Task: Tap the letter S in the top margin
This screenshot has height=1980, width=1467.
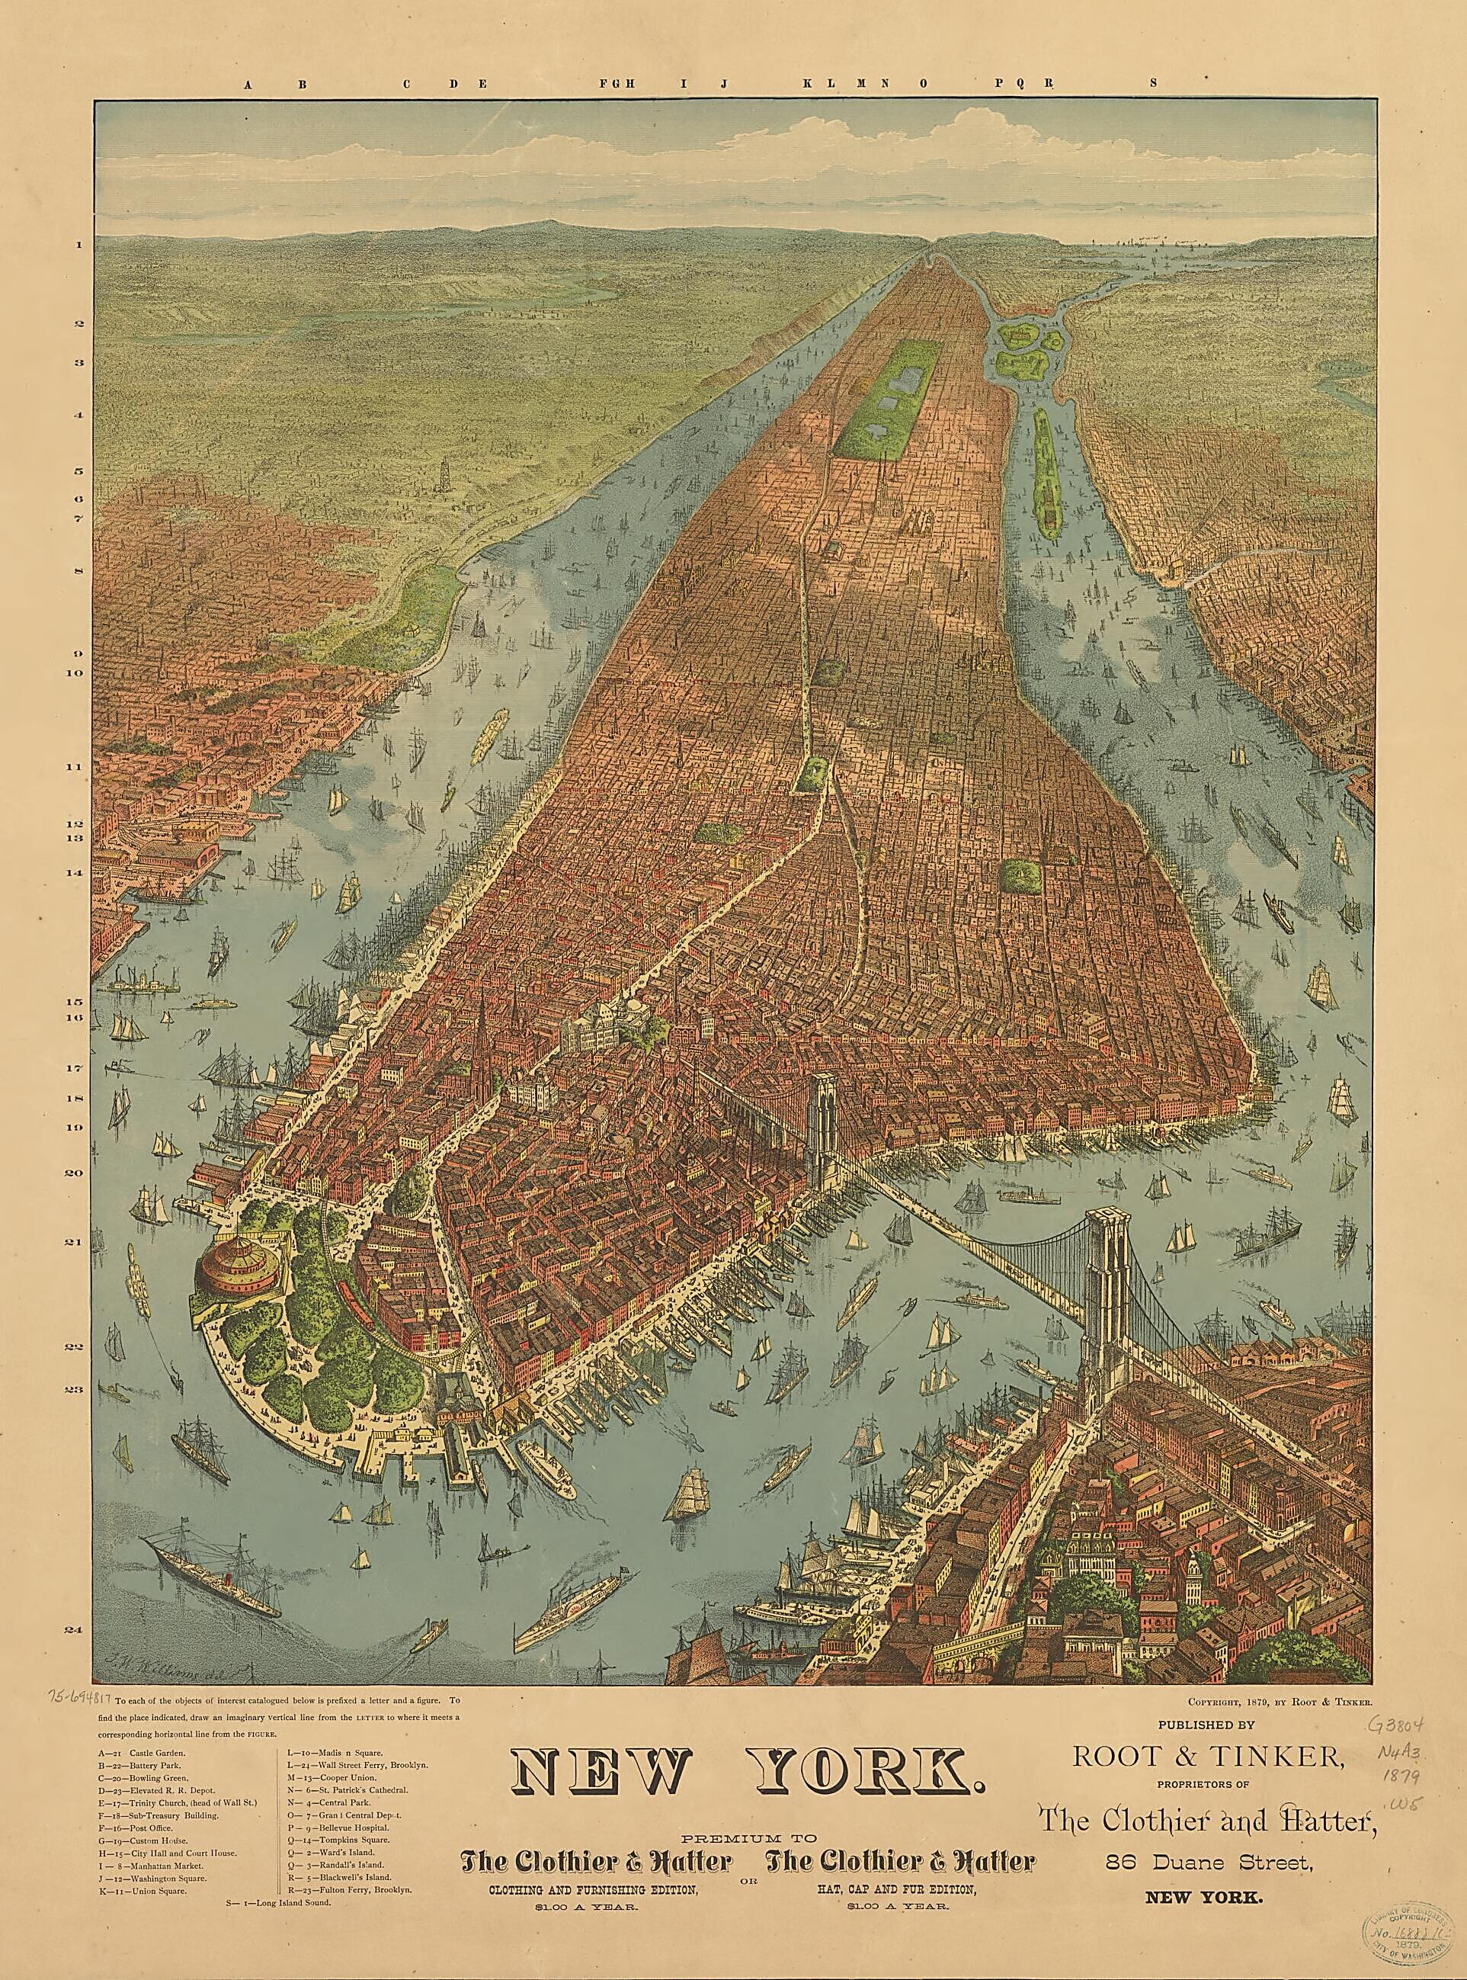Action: [x=1155, y=85]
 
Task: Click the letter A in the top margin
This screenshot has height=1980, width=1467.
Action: [x=248, y=85]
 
